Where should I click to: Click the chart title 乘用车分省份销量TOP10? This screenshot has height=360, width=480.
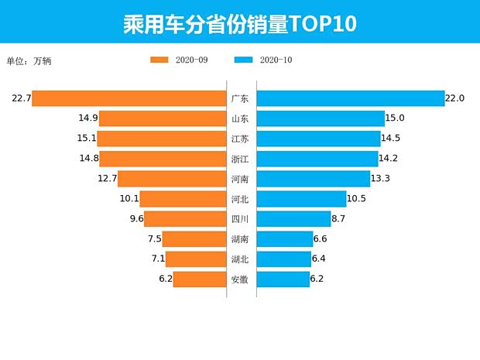(x=239, y=23)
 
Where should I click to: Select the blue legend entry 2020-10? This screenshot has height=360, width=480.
(x=262, y=60)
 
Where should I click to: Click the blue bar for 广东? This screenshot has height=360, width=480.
(x=349, y=98)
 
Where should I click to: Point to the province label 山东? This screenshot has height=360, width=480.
(x=240, y=118)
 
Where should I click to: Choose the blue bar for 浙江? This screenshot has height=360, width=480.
(x=317, y=159)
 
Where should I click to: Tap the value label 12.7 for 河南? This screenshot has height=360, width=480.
(x=107, y=179)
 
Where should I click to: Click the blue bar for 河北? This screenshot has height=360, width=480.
(x=301, y=199)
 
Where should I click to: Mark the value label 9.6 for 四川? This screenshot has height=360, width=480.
(x=136, y=219)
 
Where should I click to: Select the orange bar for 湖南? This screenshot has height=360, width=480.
(x=194, y=239)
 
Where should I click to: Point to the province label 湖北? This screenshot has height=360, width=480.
(x=240, y=259)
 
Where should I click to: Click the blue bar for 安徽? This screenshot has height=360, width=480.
(x=283, y=279)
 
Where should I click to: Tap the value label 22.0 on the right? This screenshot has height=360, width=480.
(x=454, y=98)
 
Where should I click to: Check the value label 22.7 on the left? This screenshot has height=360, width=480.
(x=21, y=98)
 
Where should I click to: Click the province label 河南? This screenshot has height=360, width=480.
(x=240, y=179)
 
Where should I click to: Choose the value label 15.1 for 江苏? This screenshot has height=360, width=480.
(x=87, y=139)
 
